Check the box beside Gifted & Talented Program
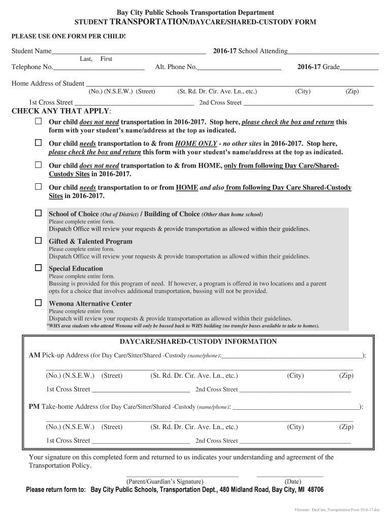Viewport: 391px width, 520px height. (38, 241)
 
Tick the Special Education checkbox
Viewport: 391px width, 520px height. (38, 268)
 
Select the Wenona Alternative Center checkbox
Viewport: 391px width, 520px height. (38, 303)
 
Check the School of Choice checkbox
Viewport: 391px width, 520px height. (38, 213)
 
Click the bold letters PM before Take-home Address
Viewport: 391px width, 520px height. (34, 407)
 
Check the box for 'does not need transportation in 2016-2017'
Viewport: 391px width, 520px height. (38, 122)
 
